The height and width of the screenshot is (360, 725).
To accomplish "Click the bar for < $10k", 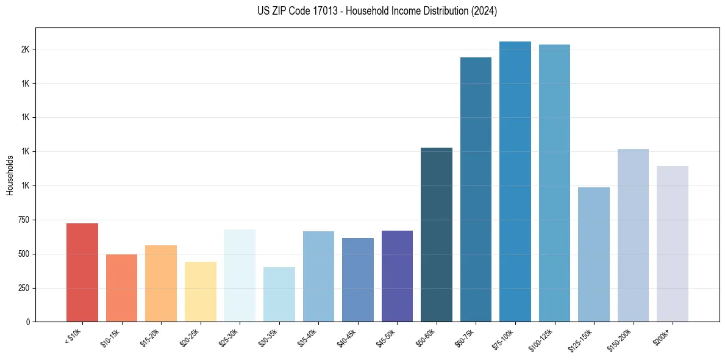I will (82, 273).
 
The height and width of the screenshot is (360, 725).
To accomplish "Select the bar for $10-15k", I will (121, 288).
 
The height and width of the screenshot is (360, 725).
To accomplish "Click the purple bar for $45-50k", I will (397, 276).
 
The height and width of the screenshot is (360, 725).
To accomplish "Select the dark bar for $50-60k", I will (437, 235).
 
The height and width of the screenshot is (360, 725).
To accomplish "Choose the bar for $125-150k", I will (594, 254).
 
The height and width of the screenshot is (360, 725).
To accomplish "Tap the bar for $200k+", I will (673, 244).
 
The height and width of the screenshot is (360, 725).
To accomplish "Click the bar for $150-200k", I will (633, 236).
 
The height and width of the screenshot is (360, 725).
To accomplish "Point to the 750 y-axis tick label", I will (23, 220).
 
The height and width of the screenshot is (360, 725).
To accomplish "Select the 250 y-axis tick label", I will (23, 288).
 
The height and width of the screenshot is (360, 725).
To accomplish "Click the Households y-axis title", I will (10, 175).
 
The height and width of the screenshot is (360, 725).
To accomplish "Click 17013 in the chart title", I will (332, 11).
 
